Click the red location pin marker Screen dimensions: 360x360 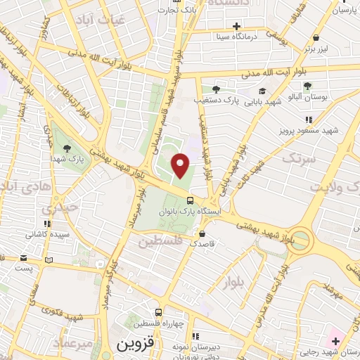pos(181,165)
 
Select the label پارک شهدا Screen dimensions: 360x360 pos(67,160)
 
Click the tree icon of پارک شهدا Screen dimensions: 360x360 pos(67,148)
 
